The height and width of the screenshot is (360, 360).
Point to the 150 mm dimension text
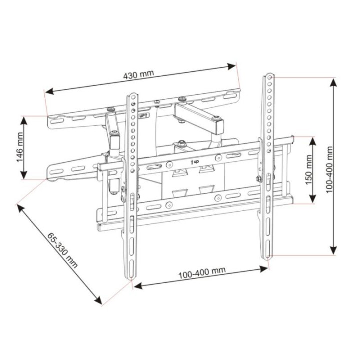click(308, 170)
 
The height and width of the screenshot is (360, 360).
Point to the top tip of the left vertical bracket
click(132, 94)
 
